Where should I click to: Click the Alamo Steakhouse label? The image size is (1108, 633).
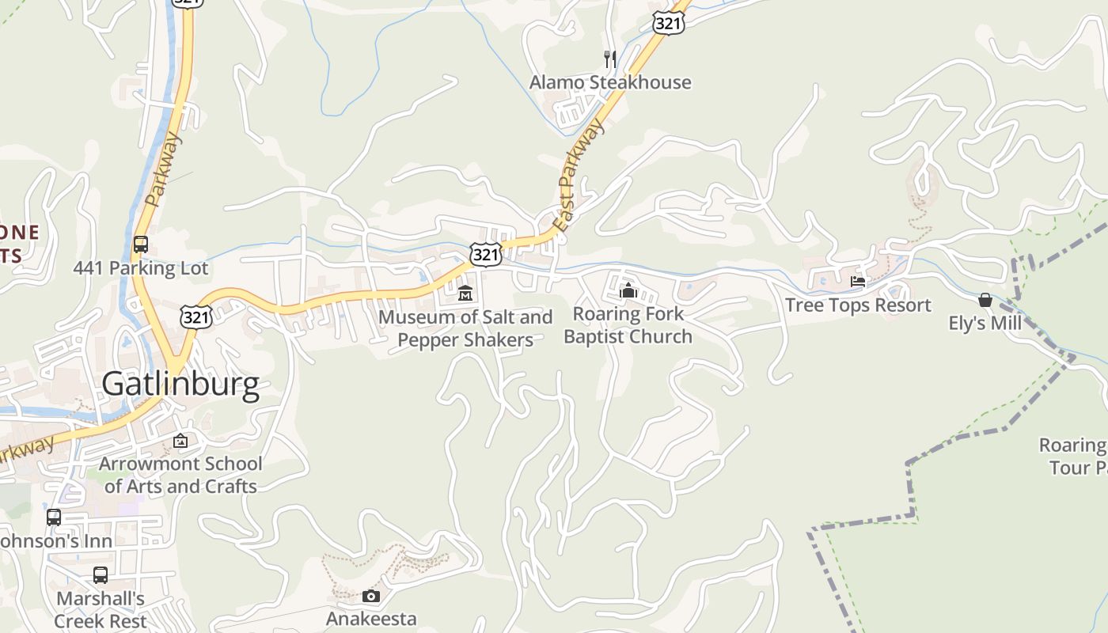click(609, 82)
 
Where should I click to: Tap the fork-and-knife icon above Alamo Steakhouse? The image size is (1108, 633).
click(609, 58)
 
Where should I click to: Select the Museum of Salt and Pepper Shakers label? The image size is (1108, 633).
click(465, 328)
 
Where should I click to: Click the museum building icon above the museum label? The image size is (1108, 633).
click(465, 293)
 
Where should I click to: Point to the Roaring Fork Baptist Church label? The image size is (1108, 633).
click(628, 325)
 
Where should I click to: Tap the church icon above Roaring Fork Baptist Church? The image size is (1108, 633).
click(628, 290)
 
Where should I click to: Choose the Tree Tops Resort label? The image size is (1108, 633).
click(858, 305)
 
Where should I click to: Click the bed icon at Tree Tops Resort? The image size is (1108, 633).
click(858, 281)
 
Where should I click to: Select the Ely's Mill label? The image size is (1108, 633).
click(985, 323)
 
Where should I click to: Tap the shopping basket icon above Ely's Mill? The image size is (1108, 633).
click(985, 300)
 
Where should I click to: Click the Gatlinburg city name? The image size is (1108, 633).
click(180, 384)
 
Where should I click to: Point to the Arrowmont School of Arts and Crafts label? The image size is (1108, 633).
click(180, 475)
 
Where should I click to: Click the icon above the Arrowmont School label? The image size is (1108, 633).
click(180, 441)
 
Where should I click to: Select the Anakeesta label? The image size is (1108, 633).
click(371, 617)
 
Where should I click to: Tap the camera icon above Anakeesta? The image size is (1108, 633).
click(371, 596)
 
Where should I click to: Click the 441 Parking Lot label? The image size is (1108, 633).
click(141, 268)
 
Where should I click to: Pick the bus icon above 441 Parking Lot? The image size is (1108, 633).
click(141, 244)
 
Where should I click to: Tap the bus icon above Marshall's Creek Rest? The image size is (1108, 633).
click(101, 575)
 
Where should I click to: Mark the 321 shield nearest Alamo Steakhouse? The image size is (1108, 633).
click(669, 23)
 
